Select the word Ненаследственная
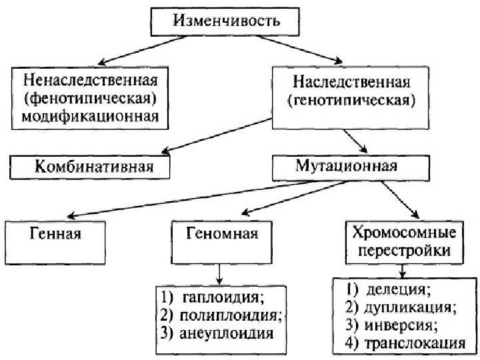pos(89,83)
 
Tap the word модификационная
pos(89,118)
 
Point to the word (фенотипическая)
pos(89,101)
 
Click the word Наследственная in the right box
pos(351,84)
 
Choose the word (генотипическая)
pos(351,102)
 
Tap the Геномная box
pos(221,235)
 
